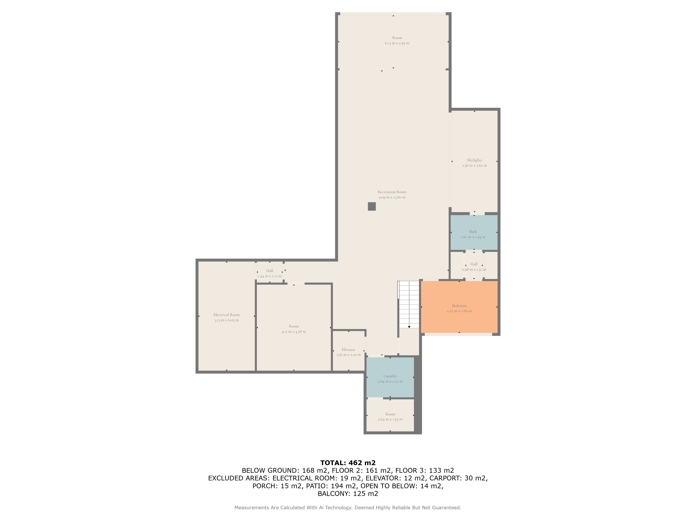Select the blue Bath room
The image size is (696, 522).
(474, 232)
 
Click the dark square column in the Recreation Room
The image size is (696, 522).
(372, 206)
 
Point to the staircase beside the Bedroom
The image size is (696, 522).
(409, 304)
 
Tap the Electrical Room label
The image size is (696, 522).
(227, 315)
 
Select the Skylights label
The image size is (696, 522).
(474, 160)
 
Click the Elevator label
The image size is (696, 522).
(349, 350)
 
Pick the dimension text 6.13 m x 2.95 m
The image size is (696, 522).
(397, 43)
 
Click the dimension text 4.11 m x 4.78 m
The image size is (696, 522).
(294, 332)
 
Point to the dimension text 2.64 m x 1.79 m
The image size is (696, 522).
(390, 419)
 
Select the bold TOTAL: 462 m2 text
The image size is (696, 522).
(348, 463)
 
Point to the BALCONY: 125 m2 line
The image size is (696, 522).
(348, 494)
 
